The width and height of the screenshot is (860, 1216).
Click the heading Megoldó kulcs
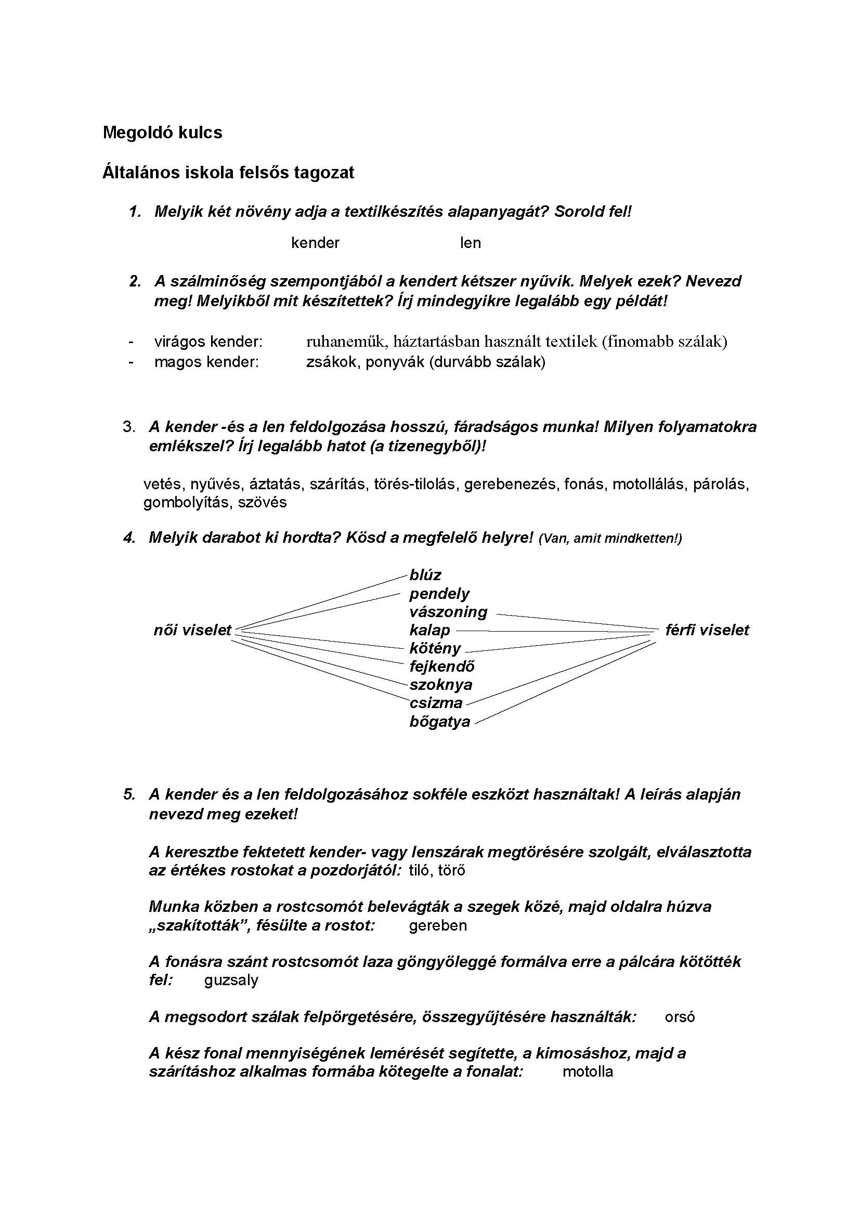click(x=162, y=133)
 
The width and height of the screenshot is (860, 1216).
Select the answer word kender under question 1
click(x=315, y=243)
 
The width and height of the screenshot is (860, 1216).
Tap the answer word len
click(x=470, y=243)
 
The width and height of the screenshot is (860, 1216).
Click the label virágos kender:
click(x=208, y=342)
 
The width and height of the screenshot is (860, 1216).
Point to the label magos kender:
click(x=206, y=362)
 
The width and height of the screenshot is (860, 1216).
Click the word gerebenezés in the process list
click(x=510, y=484)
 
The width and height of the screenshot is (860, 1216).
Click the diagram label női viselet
click(x=193, y=630)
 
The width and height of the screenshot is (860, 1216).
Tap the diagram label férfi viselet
click(x=707, y=630)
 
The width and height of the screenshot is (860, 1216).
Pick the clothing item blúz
click(x=425, y=575)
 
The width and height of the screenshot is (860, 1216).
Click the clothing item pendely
click(x=439, y=594)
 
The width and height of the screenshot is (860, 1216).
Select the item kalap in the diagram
click(x=429, y=630)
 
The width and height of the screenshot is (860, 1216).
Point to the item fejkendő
click(x=441, y=666)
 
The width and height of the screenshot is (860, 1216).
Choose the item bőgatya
click(x=439, y=722)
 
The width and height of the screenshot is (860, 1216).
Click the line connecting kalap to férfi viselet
click(x=551, y=631)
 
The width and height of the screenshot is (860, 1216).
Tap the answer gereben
click(x=438, y=925)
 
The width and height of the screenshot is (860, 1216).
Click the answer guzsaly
click(x=231, y=980)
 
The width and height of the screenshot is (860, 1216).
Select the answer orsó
click(x=680, y=1017)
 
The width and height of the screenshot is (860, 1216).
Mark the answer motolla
click(x=587, y=1071)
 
